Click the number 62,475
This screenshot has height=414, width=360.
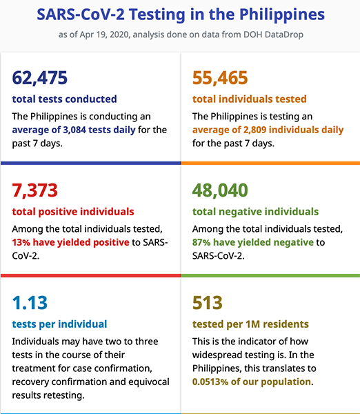click(x=40, y=78)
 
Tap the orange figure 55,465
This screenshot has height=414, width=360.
click(x=220, y=78)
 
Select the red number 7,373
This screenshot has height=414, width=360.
click(x=35, y=190)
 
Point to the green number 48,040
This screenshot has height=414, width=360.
click(x=220, y=190)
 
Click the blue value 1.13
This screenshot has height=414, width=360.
click(x=30, y=303)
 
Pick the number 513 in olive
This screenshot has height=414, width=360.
click(x=208, y=303)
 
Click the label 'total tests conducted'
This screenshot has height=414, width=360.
click(x=64, y=99)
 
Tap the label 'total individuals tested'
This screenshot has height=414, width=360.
click(x=250, y=99)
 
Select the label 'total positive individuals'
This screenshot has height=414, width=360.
click(x=73, y=212)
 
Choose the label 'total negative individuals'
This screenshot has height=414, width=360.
click(x=255, y=212)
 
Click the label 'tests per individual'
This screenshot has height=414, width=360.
click(x=59, y=324)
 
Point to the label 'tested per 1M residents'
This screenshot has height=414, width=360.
click(x=250, y=324)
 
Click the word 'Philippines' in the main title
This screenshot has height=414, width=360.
click(x=282, y=14)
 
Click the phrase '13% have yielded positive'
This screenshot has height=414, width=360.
click(x=71, y=242)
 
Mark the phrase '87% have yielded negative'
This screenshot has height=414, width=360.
click(x=253, y=242)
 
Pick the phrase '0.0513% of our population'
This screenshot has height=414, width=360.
click(x=252, y=382)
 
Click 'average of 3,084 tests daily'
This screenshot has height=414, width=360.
click(x=74, y=130)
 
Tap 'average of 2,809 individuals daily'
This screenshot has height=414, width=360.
click(x=268, y=130)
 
